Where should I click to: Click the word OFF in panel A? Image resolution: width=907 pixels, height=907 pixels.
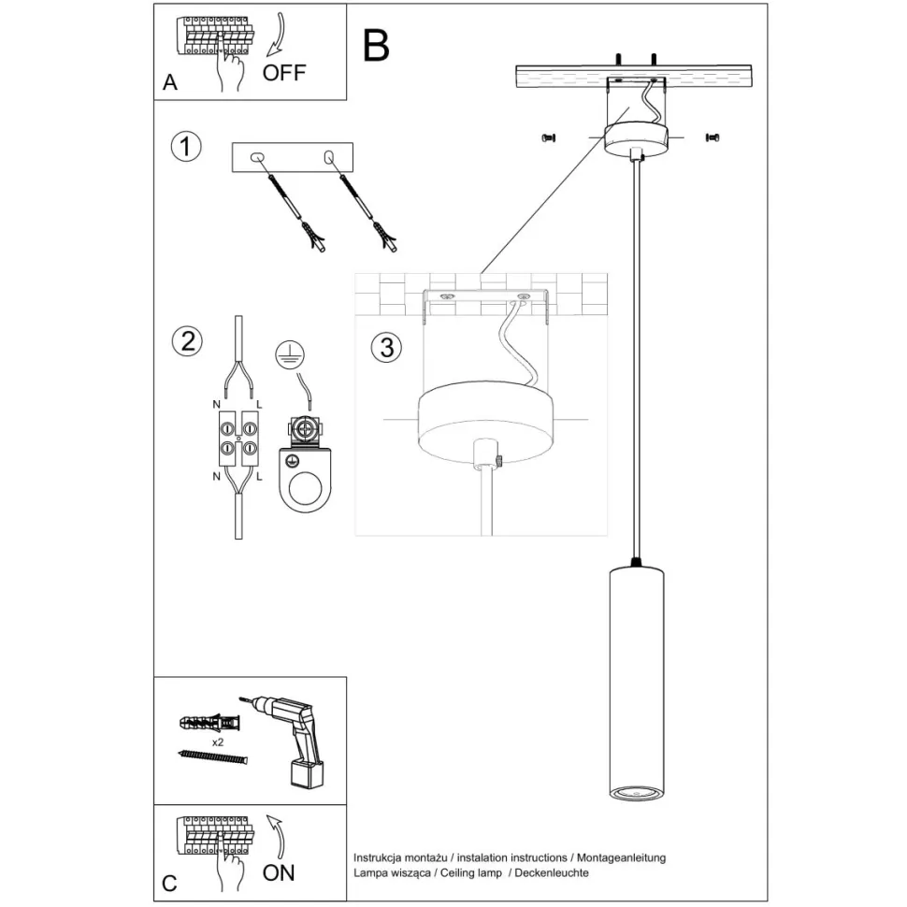tap(284, 72)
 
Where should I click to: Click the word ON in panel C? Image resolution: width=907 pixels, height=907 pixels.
tap(279, 872)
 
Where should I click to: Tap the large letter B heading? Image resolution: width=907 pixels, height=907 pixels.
tap(375, 45)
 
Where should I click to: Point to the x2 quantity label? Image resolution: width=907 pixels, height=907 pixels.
tap(217, 741)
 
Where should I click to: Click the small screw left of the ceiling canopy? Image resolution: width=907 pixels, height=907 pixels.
tap(549, 138)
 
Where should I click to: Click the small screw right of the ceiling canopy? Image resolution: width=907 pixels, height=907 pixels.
tap(713, 137)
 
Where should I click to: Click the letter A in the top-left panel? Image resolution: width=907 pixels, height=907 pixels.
tap(169, 82)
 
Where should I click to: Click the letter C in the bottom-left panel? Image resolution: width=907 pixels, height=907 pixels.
tap(169, 883)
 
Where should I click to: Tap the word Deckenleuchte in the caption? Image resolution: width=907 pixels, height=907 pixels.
tap(551, 872)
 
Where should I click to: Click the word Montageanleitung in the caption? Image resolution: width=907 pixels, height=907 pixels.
tap(621, 857)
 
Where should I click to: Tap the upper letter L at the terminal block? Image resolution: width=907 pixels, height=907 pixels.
tap(258, 405)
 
